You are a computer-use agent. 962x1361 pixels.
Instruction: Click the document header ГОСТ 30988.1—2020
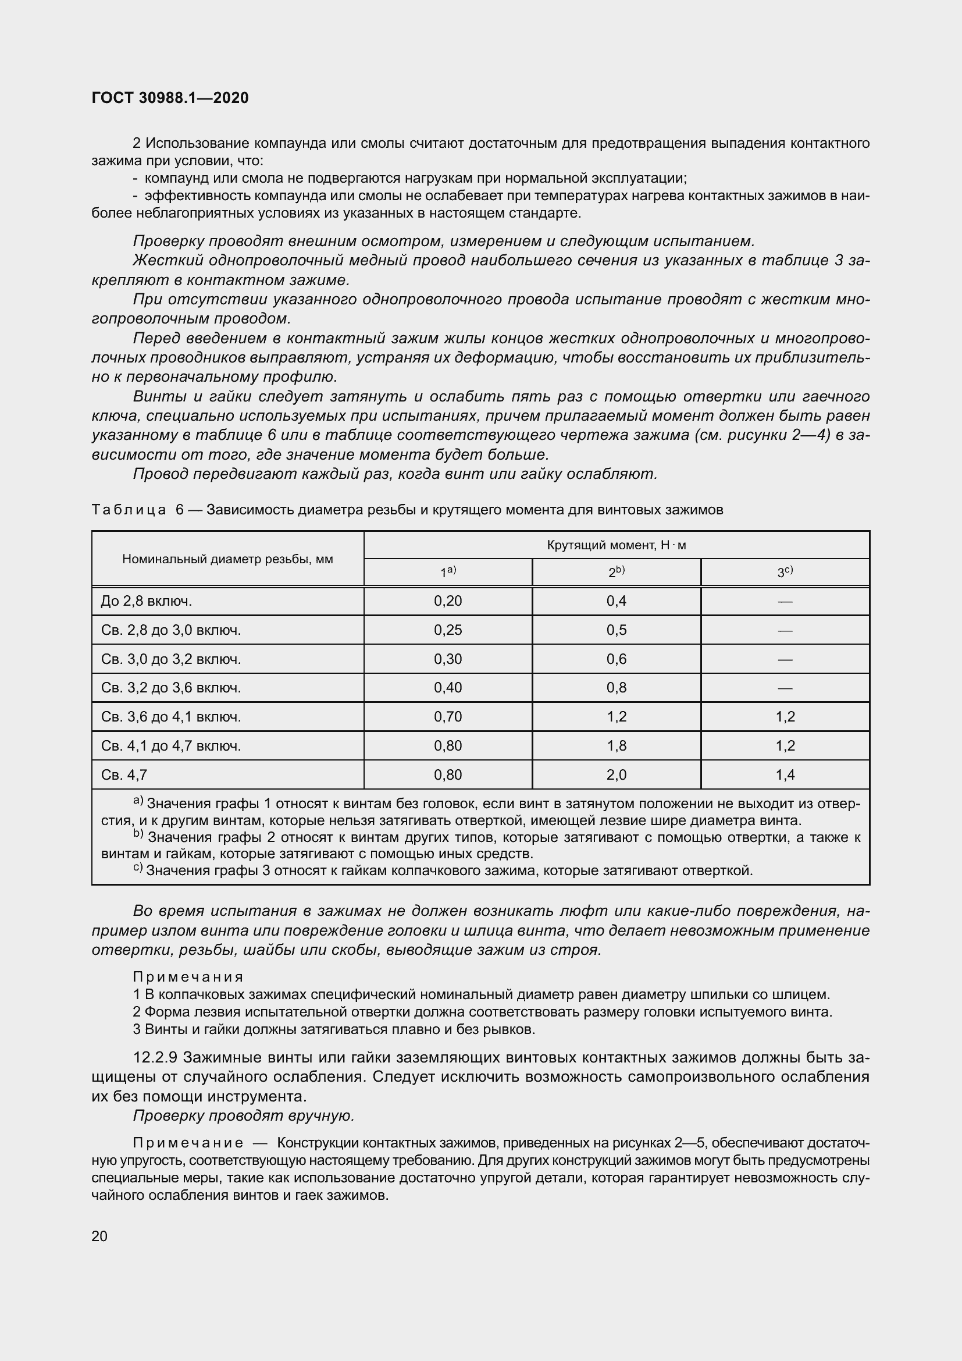[170, 98]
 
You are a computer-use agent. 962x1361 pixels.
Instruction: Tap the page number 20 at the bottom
[99, 1236]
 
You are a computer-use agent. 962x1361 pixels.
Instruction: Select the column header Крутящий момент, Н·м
[616, 545]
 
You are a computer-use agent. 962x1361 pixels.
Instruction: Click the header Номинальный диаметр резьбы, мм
[227, 559]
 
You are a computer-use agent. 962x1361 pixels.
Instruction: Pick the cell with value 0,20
[448, 601]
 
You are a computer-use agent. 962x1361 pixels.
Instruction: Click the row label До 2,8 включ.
[147, 601]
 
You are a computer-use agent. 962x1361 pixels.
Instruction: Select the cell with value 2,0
[616, 774]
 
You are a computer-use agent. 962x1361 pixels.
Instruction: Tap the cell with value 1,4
[785, 774]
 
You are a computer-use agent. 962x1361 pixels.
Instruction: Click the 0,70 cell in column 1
[448, 717]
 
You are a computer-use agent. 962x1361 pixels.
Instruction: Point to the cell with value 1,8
[616, 746]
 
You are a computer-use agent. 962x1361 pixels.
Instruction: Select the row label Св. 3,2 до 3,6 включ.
[170, 688]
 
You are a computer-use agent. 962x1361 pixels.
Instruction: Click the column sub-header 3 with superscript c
[785, 572]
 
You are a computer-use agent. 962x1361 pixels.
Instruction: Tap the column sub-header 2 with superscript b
[616, 572]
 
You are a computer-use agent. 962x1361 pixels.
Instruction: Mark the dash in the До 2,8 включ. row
[785, 602]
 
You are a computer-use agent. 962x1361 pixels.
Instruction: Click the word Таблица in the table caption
[129, 510]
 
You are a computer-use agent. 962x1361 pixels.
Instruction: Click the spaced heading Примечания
[188, 976]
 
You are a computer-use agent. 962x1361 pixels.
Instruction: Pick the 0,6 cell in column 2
[616, 659]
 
